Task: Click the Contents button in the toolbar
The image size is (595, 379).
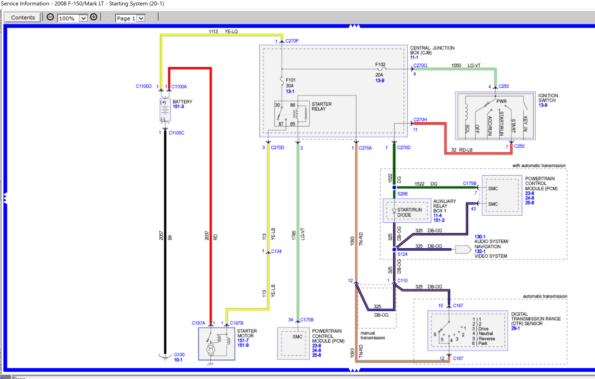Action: (x=23, y=18)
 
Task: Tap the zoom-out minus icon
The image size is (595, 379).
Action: (x=50, y=17)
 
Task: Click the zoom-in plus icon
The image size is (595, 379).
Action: (x=94, y=17)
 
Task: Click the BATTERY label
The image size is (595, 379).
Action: (x=182, y=102)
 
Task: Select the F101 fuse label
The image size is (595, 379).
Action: (x=291, y=80)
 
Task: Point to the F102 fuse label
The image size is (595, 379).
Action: (x=380, y=64)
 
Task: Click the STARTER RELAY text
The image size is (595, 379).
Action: (x=321, y=106)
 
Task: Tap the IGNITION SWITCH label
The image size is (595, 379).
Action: (x=548, y=98)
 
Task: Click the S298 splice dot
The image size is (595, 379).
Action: (x=394, y=187)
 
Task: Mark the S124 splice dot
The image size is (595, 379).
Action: (x=394, y=249)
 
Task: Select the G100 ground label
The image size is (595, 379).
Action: (x=179, y=355)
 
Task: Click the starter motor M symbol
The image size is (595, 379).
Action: (x=211, y=349)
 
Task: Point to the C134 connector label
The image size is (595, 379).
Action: (x=276, y=251)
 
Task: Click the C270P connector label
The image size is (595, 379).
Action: (x=292, y=41)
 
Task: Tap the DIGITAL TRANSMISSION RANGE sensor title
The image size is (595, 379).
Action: (x=535, y=319)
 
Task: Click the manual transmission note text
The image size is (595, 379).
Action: (x=372, y=335)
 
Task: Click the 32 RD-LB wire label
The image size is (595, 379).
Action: (x=462, y=150)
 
